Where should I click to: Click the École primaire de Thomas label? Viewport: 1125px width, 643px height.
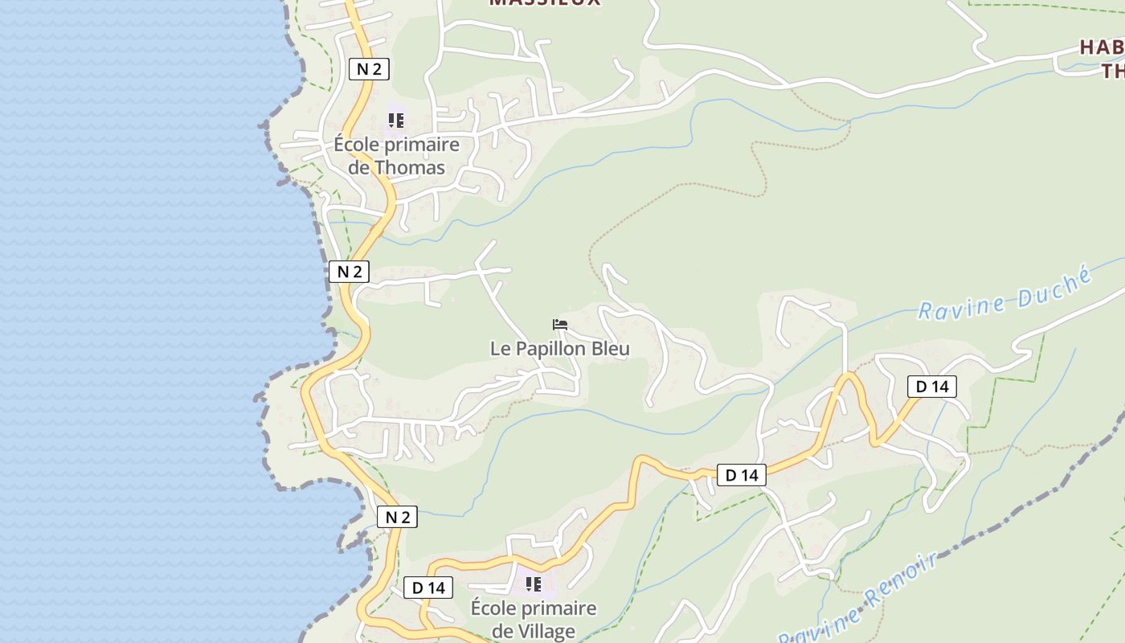pos(397,156)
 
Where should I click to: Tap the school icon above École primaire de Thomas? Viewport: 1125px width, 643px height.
pos(395,121)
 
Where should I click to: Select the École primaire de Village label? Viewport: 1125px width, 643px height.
pos(534,619)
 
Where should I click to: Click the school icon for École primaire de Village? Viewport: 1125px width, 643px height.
pos(533,584)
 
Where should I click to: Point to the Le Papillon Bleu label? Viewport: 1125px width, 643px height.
pos(560,349)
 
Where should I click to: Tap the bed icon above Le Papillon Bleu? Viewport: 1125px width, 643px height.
pos(560,325)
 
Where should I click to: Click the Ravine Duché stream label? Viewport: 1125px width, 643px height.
pos(1005,295)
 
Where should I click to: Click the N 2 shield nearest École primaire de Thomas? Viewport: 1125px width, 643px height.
pos(369,69)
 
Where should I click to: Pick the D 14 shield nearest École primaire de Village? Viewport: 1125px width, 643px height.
pos(428,588)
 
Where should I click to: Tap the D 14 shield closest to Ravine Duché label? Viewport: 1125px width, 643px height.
pos(932,387)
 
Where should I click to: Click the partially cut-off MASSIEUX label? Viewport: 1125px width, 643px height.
pos(545,2)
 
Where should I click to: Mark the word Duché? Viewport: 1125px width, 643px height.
pos(1054,285)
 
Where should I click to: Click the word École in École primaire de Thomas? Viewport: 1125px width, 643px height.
pos(358,145)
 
